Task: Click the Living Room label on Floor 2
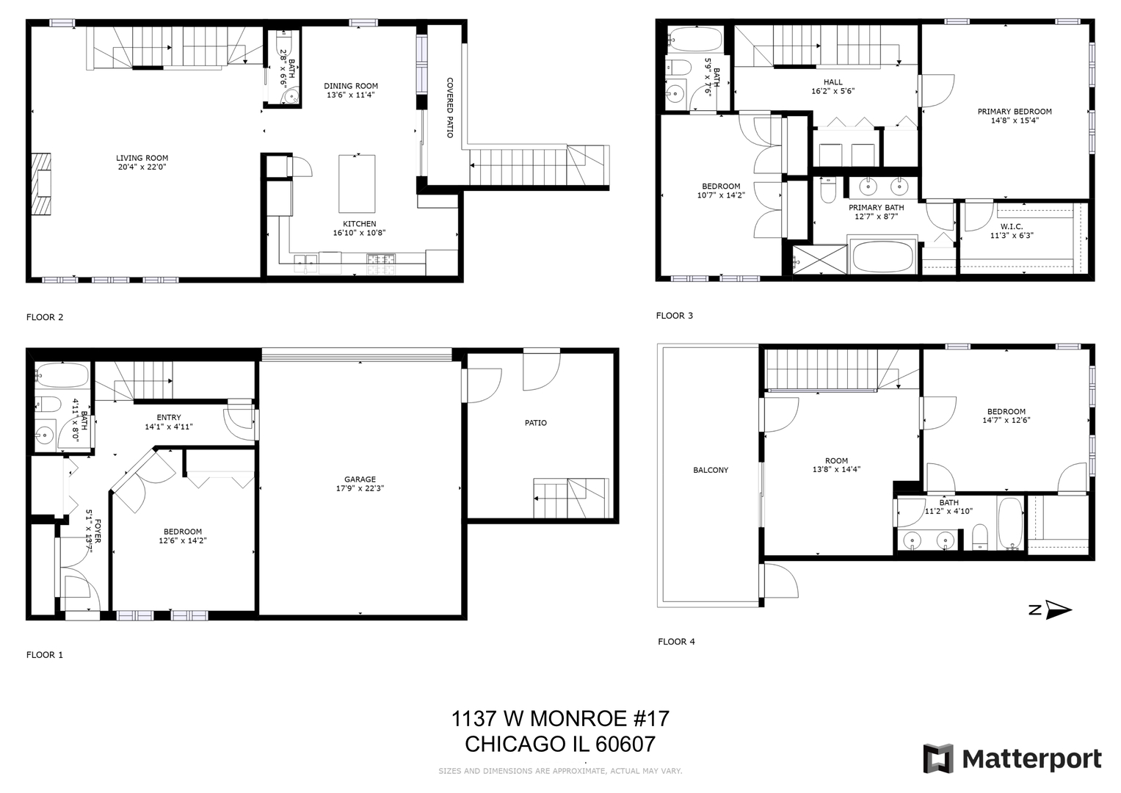point(142,158)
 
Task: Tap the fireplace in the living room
point(42,184)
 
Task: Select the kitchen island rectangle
point(357,184)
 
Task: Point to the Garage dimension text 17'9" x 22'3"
point(360,488)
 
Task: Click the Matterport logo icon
point(937,758)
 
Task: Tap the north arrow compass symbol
point(1057,609)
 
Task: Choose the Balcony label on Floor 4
point(711,470)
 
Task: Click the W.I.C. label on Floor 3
point(1011,226)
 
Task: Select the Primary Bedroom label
point(1014,112)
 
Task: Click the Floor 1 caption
point(45,654)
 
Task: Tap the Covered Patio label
point(450,108)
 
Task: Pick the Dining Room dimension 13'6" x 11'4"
point(350,95)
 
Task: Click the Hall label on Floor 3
point(832,82)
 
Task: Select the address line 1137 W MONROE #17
point(560,718)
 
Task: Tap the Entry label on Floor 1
point(168,417)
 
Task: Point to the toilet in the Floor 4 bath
point(979,537)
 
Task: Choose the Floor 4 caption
point(676,642)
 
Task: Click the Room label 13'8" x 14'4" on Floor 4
point(836,461)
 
